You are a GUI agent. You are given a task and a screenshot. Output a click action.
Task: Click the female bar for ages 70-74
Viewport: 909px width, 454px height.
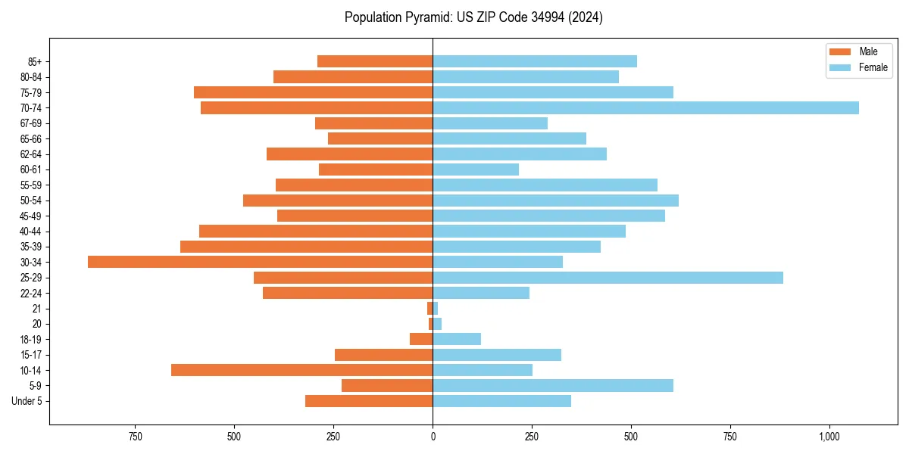645,108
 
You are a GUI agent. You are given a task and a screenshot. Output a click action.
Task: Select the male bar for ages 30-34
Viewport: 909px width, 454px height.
260,262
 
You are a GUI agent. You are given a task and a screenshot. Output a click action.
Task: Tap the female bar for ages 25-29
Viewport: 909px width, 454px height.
608,278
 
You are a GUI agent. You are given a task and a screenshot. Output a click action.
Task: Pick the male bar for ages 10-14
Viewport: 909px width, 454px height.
301,370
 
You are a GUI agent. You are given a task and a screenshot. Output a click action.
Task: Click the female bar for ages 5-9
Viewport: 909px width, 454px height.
553,386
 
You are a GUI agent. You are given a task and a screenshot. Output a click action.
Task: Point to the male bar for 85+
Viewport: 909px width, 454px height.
375,61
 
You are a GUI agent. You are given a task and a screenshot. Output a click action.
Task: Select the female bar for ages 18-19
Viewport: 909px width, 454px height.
457,339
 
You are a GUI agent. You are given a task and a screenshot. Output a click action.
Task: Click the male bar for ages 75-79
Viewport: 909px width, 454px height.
313,92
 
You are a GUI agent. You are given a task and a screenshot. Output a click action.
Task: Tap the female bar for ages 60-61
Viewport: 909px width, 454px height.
476,169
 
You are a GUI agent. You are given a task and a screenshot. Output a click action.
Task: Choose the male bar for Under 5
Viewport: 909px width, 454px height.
369,401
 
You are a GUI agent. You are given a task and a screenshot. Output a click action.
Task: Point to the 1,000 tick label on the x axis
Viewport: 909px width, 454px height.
829,437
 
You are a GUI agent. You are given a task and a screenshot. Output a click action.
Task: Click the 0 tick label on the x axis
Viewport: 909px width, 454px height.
433,437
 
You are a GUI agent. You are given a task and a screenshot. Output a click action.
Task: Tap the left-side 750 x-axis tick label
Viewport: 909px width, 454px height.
135,437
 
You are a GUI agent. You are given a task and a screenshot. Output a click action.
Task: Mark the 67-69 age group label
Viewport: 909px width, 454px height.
31,123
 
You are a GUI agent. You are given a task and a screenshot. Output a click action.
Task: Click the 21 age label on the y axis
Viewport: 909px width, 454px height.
37,309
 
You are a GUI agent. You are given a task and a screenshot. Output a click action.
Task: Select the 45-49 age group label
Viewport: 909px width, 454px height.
31,216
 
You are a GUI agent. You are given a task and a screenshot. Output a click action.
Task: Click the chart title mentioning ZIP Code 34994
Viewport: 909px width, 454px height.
473,17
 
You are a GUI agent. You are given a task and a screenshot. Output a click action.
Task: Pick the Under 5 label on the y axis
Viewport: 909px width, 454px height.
27,401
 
